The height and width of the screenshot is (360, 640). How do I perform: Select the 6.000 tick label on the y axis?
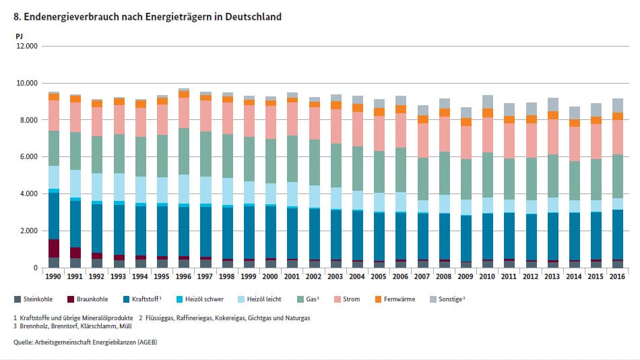[28, 157]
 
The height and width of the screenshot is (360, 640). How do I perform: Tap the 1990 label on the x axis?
[54, 277]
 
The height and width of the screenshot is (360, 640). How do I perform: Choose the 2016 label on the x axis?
[618, 277]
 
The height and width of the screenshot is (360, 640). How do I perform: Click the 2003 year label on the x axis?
[335, 277]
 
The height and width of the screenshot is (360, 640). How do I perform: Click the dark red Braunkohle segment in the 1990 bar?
[54, 248]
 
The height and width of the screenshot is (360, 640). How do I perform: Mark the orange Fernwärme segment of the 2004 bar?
[358, 107]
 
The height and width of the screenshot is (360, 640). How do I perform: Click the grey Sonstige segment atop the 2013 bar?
[552, 104]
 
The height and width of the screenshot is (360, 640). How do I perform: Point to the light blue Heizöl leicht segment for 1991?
[75, 183]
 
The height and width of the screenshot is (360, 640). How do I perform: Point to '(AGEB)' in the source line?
[146, 342]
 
